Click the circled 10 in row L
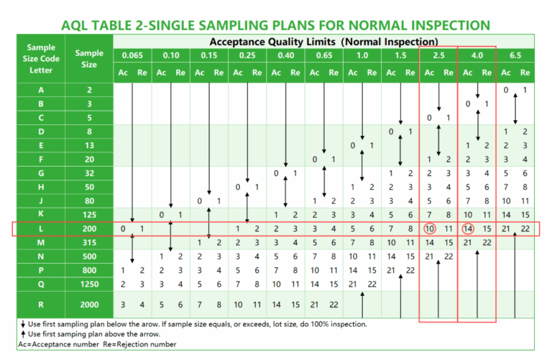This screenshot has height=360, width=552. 429,229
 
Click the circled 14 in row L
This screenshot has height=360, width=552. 467,229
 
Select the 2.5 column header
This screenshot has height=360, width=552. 438,55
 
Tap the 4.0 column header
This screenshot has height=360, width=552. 477,55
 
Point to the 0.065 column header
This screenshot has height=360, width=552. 132,55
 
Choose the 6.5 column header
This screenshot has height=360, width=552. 516,55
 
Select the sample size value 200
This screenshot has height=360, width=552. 89,229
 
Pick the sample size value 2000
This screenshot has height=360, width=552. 89,304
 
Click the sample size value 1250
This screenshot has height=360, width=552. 89,283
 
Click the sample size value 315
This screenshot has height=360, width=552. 89,242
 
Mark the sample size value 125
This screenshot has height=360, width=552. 89,214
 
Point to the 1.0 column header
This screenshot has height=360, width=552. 362,55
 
